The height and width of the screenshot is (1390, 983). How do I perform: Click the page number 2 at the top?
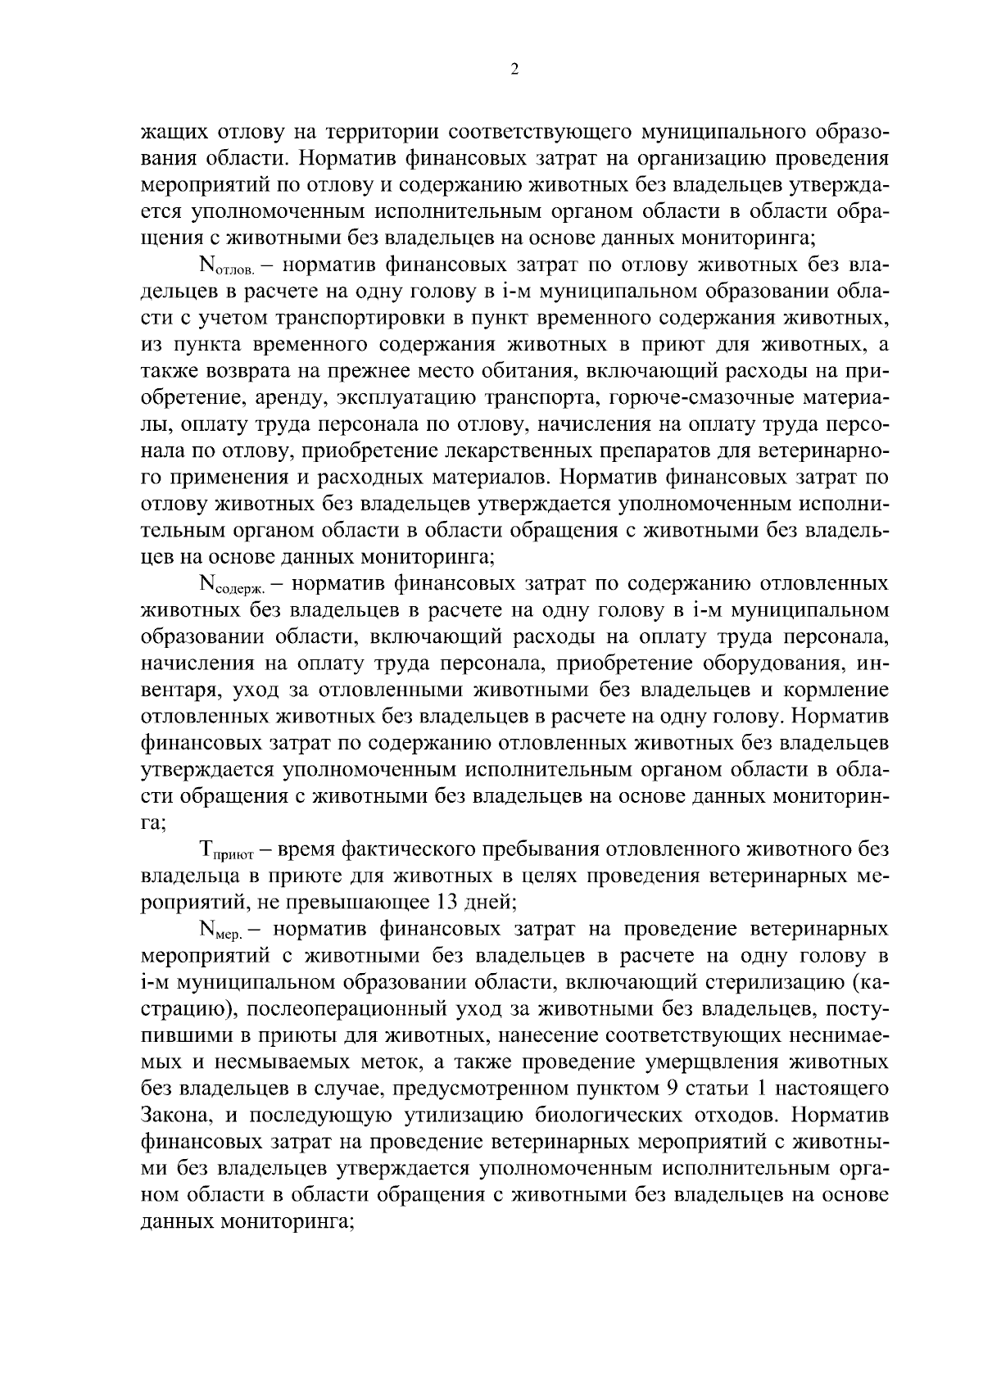click(514, 70)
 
